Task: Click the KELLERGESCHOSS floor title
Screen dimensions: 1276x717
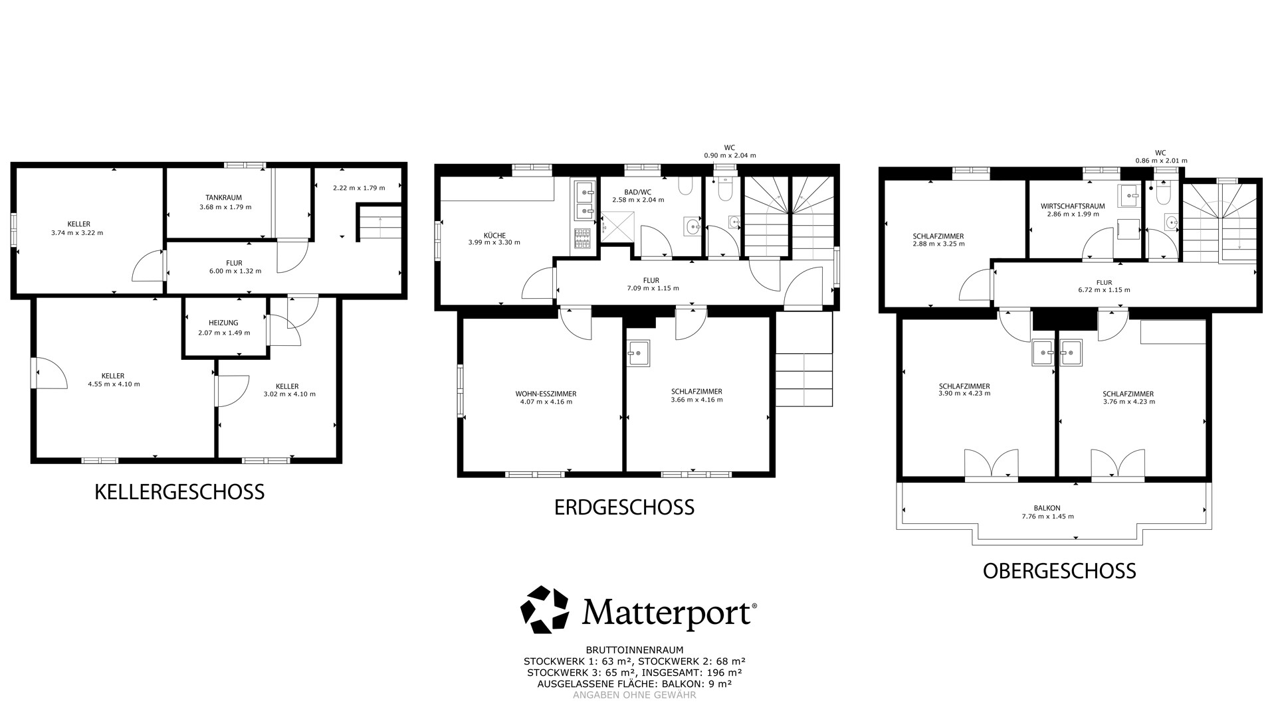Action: click(179, 492)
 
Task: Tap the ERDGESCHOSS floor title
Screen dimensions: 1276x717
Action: click(624, 507)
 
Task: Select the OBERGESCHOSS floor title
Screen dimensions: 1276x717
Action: click(1059, 571)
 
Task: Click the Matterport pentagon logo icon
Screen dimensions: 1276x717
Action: click(545, 609)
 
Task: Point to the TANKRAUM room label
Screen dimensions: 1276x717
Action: click(223, 198)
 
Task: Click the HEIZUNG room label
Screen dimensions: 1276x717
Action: click(223, 323)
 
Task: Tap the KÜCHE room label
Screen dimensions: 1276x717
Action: click(494, 236)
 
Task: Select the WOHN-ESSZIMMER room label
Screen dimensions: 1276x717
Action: click(546, 393)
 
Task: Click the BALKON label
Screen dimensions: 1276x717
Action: click(1047, 509)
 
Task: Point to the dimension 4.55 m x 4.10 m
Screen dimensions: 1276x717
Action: click(114, 384)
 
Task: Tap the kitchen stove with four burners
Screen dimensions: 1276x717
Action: click(582, 239)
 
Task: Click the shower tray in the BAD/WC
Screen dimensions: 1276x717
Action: click(617, 227)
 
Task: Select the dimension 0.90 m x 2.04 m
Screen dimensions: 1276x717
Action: click(730, 155)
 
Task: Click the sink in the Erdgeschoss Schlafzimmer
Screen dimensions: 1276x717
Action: click(638, 353)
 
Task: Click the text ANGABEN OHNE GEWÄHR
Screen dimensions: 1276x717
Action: click(635, 695)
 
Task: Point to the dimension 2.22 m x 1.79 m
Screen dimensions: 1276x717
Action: click(359, 188)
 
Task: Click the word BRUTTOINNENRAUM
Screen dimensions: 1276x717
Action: click(635, 651)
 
